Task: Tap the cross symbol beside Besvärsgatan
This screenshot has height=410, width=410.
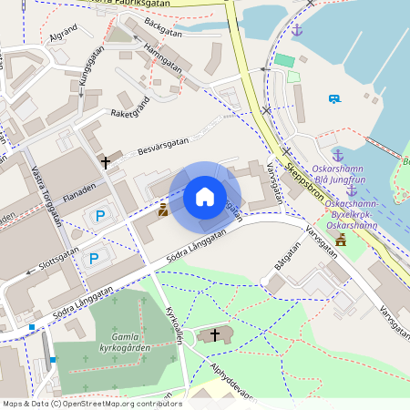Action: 106,162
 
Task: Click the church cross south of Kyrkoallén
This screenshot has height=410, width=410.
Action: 215,336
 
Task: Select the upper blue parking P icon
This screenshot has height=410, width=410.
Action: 100,217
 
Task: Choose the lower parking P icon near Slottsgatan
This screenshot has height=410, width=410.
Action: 93,259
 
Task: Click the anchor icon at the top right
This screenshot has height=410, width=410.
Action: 297,30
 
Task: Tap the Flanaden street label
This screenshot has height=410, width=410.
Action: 79,193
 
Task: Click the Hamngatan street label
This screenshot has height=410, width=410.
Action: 165,57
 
